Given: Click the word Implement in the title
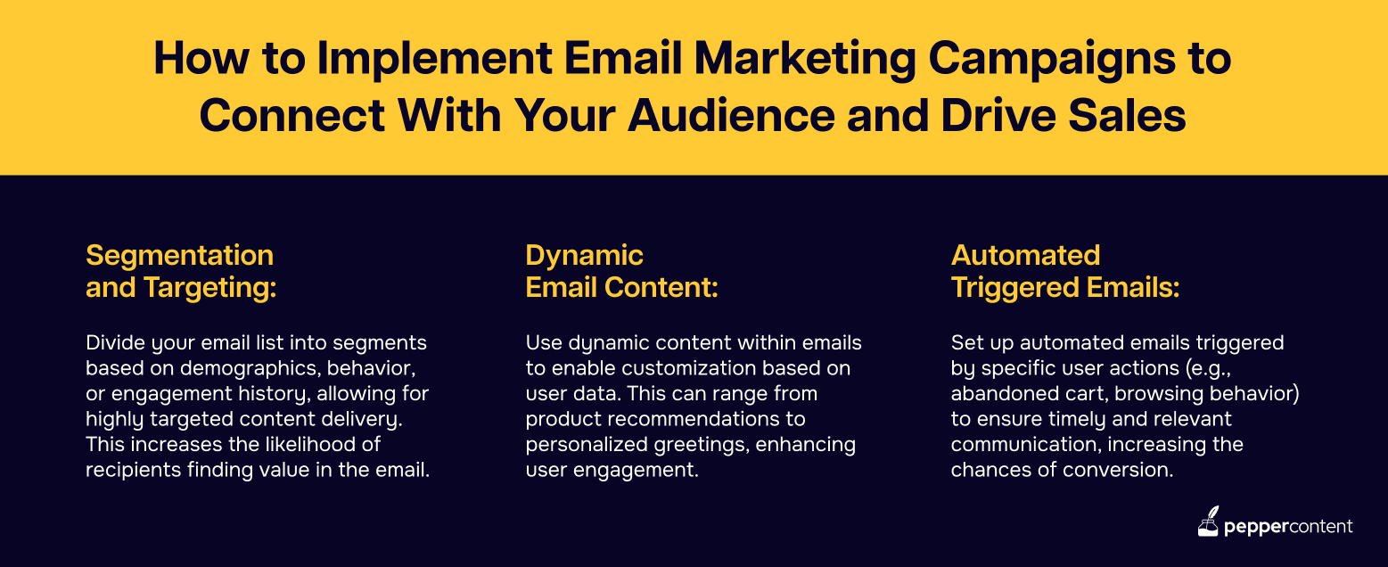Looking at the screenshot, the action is pos(434,60).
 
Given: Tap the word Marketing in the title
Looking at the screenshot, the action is pos(805,60).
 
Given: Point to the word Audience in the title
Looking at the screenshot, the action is pos(731,117).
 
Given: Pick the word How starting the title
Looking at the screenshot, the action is pos(201,59).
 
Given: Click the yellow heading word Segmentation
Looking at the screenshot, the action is pos(180,255).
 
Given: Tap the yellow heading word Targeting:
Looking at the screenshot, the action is pos(210,288).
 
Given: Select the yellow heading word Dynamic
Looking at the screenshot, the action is pos(584,256).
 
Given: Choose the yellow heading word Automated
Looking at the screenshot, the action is pos(1025,255).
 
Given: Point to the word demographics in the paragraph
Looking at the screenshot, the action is pos(250,369).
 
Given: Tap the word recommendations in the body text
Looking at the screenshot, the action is pos(694,419).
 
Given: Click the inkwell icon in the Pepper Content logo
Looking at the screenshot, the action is pos(1208,522).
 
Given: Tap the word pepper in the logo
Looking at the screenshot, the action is pos(1256,528).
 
